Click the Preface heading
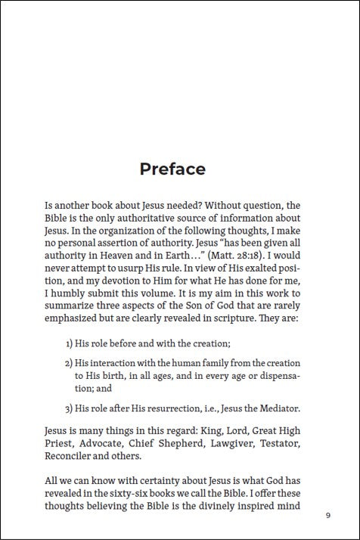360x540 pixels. pos(172,169)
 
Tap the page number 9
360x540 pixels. pos(327,516)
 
